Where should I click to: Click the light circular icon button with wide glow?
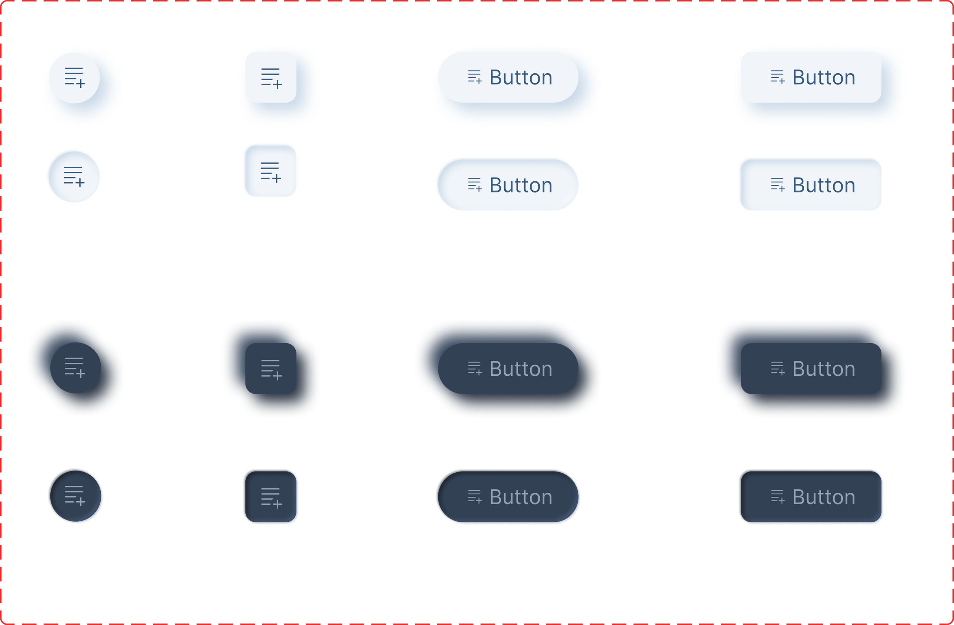(x=74, y=78)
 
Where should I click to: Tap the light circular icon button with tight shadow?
(x=74, y=177)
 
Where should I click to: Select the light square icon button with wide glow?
(x=271, y=78)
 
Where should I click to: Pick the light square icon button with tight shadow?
(x=271, y=171)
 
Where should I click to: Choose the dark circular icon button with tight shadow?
(x=75, y=496)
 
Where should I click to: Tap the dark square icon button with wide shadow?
(x=271, y=368)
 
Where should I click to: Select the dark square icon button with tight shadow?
(x=271, y=497)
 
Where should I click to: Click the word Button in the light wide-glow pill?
(x=521, y=78)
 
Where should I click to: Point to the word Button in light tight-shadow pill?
(x=521, y=185)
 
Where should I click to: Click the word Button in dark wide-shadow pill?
(x=521, y=369)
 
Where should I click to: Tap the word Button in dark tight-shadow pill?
(x=521, y=497)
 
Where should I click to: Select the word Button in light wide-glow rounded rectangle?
(x=824, y=78)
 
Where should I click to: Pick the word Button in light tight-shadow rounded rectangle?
(x=824, y=185)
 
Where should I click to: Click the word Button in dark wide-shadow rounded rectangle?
(x=824, y=369)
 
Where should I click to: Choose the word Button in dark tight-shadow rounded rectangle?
(x=824, y=497)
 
